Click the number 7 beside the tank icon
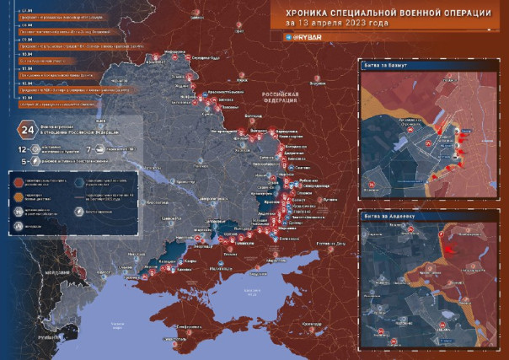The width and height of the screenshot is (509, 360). pos(88,148)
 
